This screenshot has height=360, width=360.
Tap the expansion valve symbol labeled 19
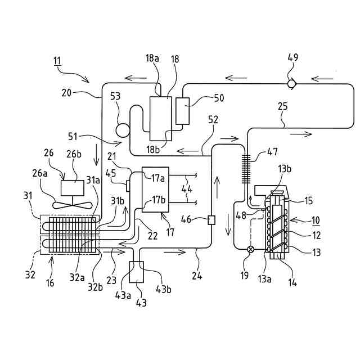coord(251,249)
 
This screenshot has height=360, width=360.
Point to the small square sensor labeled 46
coord(211,219)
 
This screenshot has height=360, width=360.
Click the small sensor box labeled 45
coord(128,186)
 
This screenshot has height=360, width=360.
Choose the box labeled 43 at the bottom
coord(137,272)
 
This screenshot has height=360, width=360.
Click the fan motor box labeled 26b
coord(71,188)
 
